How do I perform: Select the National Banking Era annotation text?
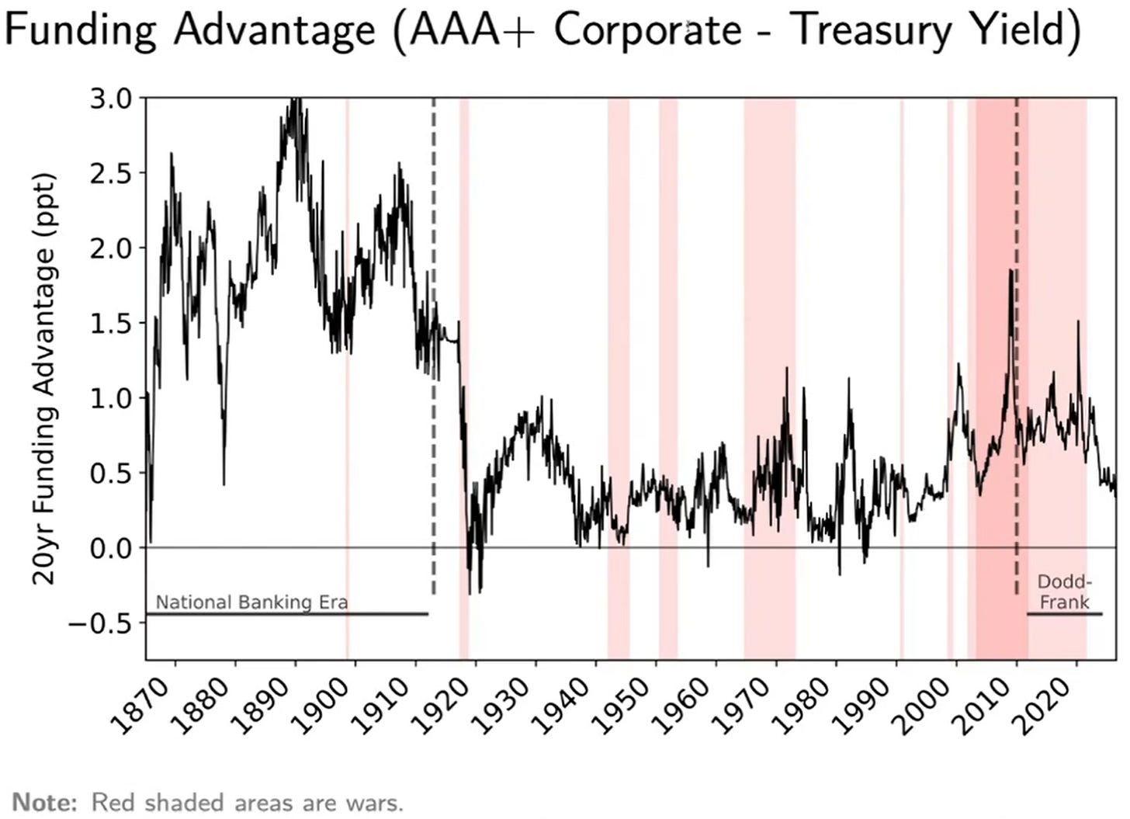pos(251,602)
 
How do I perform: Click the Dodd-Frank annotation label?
pos(1065,592)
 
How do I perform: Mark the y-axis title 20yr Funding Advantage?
pos(43,380)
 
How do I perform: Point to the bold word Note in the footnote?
pos(44,803)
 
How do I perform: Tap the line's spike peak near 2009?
pos(1010,271)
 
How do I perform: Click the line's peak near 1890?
pos(296,99)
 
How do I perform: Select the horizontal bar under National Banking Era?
pos(287,614)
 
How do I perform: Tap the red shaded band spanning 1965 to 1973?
pos(770,379)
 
